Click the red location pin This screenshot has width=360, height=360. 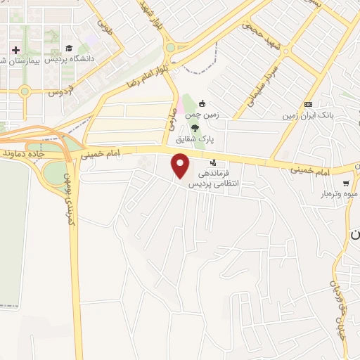pyautogui.click(x=181, y=167)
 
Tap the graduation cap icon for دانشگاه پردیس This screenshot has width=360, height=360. pyautogui.click(x=69, y=49)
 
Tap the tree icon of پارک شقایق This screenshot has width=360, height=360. pyautogui.click(x=195, y=127)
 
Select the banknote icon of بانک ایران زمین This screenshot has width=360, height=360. pyautogui.click(x=308, y=103)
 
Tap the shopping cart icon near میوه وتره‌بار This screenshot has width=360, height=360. pyautogui.click(x=345, y=184)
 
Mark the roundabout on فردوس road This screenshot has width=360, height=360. pyautogui.click(x=25, y=91)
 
